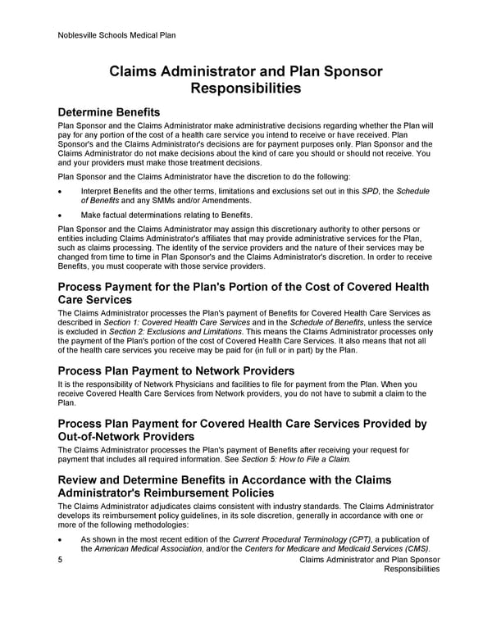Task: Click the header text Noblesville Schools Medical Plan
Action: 117,35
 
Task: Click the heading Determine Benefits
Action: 109,111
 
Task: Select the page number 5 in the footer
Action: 61,559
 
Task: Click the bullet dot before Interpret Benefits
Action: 61,191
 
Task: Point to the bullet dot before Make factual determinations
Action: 61,215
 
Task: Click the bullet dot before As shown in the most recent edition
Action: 61,538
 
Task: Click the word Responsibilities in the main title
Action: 245,88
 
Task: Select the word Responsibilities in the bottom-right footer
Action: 412,569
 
